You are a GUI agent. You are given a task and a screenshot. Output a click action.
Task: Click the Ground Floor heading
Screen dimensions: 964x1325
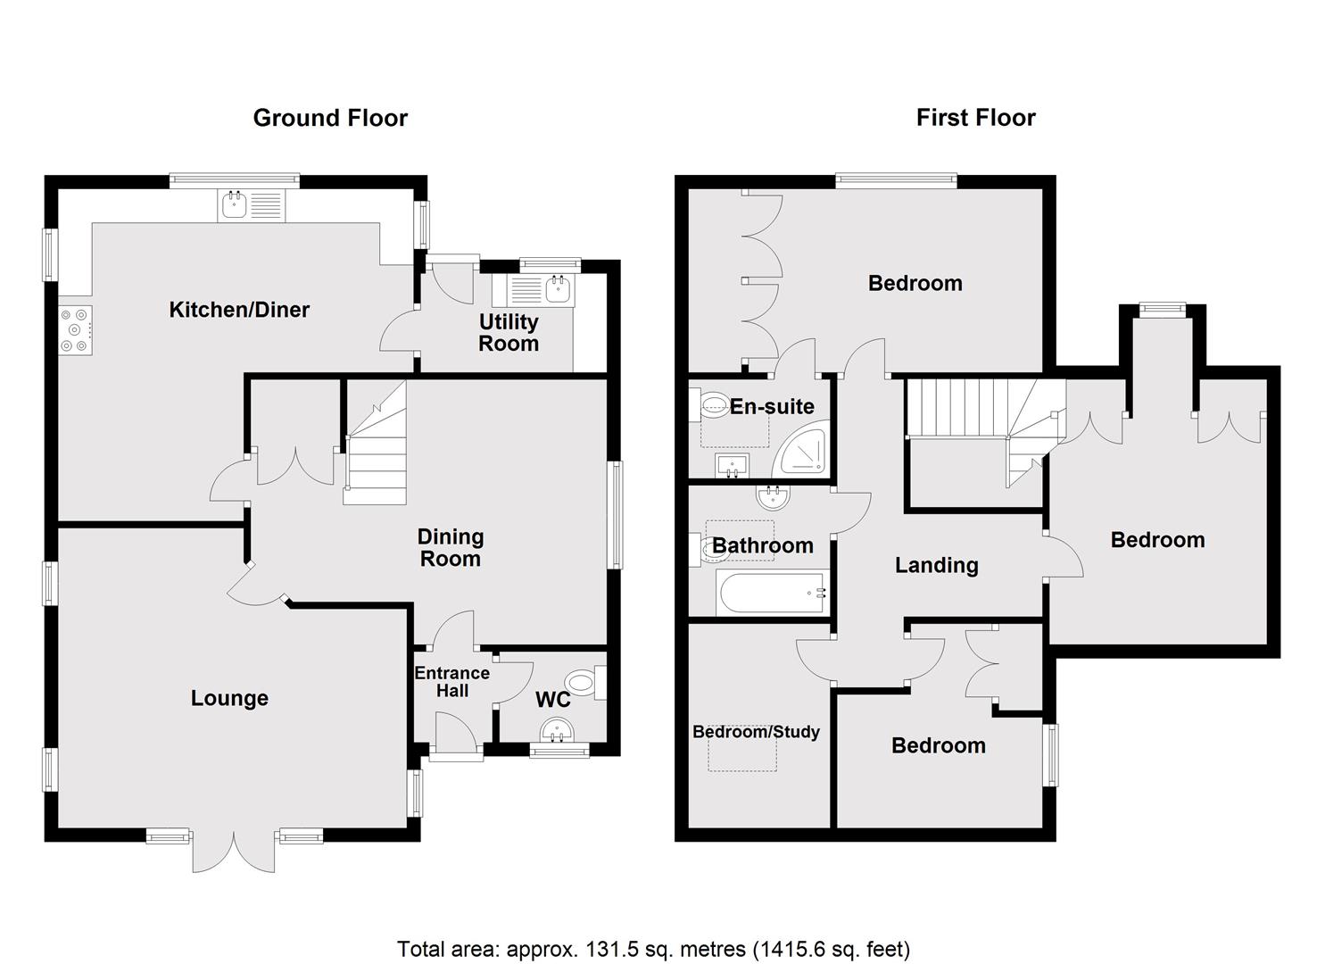click(x=330, y=118)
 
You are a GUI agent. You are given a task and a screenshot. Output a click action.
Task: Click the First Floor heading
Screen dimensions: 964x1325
click(x=975, y=118)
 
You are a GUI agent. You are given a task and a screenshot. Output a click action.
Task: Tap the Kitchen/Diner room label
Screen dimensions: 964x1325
click(x=239, y=310)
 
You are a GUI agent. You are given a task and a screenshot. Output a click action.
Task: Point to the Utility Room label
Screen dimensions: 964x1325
click(x=509, y=332)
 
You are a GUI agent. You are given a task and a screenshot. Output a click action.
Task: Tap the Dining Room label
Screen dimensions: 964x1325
click(x=451, y=547)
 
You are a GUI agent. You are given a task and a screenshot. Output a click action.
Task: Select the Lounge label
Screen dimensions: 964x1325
click(x=229, y=698)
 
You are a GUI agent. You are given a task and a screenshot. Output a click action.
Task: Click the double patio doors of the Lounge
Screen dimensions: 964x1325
click(x=235, y=852)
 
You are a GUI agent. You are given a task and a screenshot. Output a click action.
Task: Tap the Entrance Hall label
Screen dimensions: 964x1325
click(x=452, y=681)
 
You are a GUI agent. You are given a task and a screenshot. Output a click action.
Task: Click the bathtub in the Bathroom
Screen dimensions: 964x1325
click(x=772, y=592)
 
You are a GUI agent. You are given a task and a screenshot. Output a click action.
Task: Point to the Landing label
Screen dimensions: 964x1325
click(x=936, y=565)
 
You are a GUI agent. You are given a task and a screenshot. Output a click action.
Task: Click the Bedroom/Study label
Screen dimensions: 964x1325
click(x=756, y=732)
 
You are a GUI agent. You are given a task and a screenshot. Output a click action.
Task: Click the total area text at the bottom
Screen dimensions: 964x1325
click(x=653, y=948)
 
